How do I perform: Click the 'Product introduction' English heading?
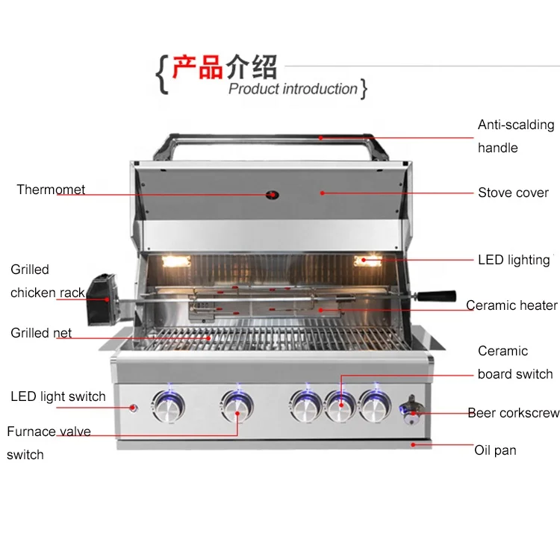293,90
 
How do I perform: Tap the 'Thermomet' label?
51,190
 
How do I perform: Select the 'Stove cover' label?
513,193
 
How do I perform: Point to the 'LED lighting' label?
514,260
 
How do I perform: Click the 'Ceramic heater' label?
511,305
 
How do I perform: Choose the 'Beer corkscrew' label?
513,413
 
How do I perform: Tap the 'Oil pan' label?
495,450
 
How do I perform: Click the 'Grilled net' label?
41,333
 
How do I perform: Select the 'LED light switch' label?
57,396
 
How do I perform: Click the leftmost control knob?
167,406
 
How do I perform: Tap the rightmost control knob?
375,406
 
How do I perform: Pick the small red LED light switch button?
134,408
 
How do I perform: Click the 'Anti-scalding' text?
516,125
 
